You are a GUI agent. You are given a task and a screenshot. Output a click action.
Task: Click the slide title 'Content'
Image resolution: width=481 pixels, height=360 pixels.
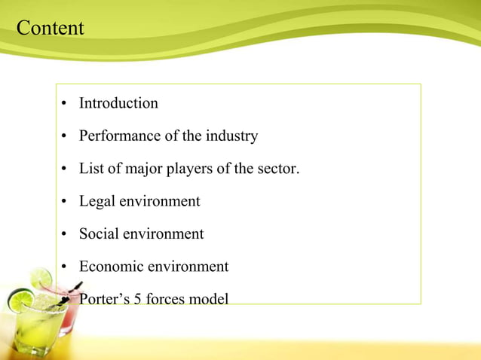pyautogui.click(x=50, y=29)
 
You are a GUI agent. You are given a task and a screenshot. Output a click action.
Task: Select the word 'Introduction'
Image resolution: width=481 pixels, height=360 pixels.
pyautogui.click(x=118, y=103)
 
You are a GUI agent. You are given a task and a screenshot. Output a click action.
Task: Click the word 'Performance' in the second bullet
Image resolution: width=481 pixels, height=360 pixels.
pyautogui.click(x=117, y=136)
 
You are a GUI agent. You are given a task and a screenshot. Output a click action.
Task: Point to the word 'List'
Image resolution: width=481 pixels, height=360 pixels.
pyautogui.click(x=90, y=169)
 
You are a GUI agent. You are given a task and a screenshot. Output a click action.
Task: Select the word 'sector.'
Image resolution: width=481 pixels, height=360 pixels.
pyautogui.click(x=277, y=169)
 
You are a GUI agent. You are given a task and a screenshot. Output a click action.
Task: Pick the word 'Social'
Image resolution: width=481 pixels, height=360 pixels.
pyautogui.click(x=100, y=234)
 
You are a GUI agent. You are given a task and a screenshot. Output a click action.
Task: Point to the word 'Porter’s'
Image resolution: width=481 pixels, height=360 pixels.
pyautogui.click(x=104, y=300)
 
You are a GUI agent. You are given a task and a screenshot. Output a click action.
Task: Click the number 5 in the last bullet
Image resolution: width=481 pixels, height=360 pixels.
pyautogui.click(x=136, y=300)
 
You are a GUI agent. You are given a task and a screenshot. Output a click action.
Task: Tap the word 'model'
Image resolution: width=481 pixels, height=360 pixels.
pyautogui.click(x=209, y=300)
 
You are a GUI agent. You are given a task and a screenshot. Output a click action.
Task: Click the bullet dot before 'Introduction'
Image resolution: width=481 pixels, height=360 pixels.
pyautogui.click(x=66, y=104)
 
